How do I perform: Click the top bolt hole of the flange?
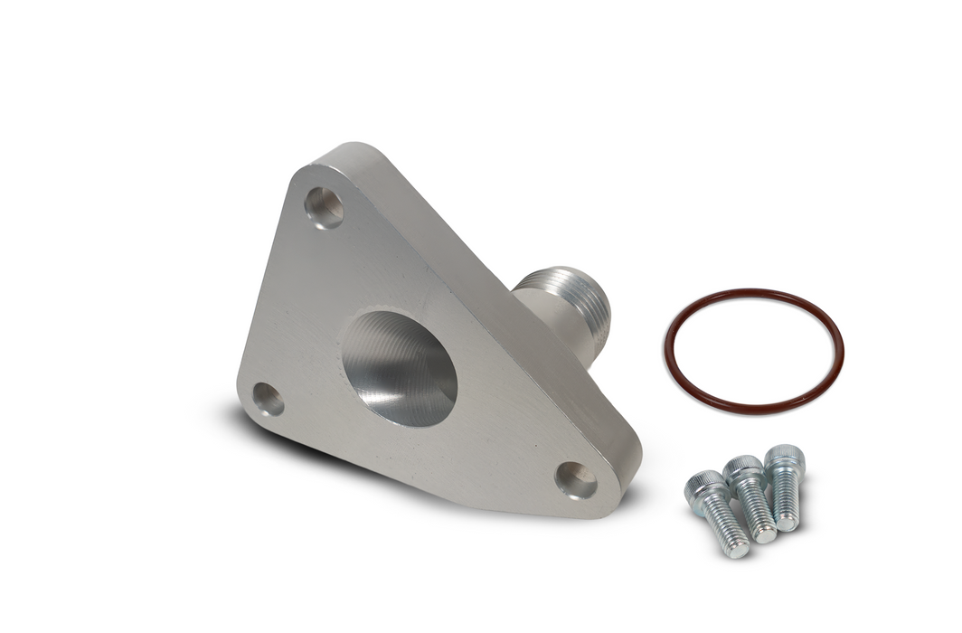(324, 207)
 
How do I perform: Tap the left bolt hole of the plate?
(268, 399)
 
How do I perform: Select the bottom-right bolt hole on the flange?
(576, 480)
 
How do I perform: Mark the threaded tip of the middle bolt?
(765, 533)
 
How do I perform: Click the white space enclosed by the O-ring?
(753, 348)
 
